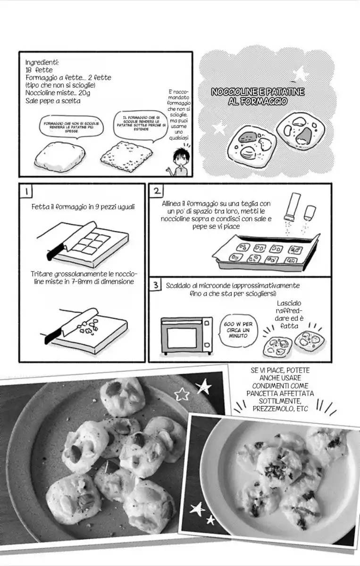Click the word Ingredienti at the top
click(x=42, y=62)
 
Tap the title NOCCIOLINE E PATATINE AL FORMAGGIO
click(x=258, y=96)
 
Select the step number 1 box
click(x=26, y=191)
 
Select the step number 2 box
click(x=157, y=191)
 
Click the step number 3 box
click(x=155, y=285)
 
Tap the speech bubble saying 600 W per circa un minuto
click(x=238, y=330)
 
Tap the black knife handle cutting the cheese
click(x=54, y=252)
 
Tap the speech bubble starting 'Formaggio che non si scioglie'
click(x=71, y=127)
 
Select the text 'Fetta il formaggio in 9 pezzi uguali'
click(x=83, y=207)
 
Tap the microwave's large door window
click(x=182, y=338)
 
